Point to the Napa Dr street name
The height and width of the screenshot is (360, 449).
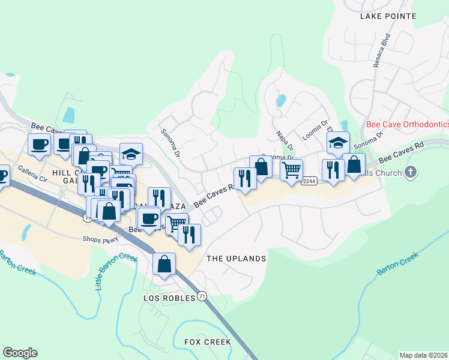pyautogui.click(x=284, y=141)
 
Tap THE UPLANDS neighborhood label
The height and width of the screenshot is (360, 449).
pyautogui.click(x=236, y=259)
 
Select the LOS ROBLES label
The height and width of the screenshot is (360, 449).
pyautogui.click(x=170, y=298)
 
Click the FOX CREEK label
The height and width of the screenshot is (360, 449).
pyautogui.click(x=208, y=342)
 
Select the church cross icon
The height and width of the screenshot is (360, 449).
pyautogui.click(x=411, y=173)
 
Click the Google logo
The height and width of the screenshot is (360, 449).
pyautogui.click(x=20, y=353)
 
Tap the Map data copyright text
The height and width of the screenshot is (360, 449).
pyautogui.click(x=423, y=355)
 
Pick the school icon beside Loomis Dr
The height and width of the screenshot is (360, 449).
pyautogui.click(x=338, y=143)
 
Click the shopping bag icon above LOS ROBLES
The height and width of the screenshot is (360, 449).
pyautogui.click(x=164, y=263)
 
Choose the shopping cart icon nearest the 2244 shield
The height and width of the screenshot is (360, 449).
pyautogui.click(x=291, y=170)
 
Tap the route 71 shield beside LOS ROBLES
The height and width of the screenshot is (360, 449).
pyautogui.click(x=202, y=297)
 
